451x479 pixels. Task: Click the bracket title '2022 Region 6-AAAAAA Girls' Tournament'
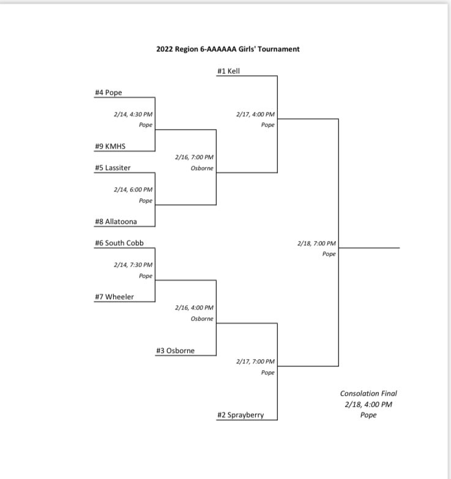click(x=228, y=49)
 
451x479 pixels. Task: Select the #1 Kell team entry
click(x=228, y=71)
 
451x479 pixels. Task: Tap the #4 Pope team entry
click(x=109, y=92)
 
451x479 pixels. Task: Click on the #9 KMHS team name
click(x=110, y=146)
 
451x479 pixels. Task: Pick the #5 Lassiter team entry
click(x=113, y=168)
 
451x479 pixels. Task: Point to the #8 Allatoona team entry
click(x=116, y=221)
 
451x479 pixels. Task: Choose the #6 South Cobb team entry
click(x=119, y=243)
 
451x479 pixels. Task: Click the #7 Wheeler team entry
click(x=114, y=297)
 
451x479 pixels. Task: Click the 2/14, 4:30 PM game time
click(x=133, y=114)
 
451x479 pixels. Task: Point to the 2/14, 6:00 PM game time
click(x=133, y=189)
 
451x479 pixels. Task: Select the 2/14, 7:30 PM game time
click(x=133, y=264)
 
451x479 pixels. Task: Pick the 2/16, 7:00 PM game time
click(x=194, y=157)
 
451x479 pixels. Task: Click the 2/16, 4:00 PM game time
click(x=194, y=308)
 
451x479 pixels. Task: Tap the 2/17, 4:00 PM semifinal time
click(x=255, y=114)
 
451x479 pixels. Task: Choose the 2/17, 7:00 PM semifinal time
click(x=255, y=362)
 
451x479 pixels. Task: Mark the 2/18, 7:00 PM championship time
click(x=316, y=243)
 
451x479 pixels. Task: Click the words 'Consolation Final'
click(x=364, y=394)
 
